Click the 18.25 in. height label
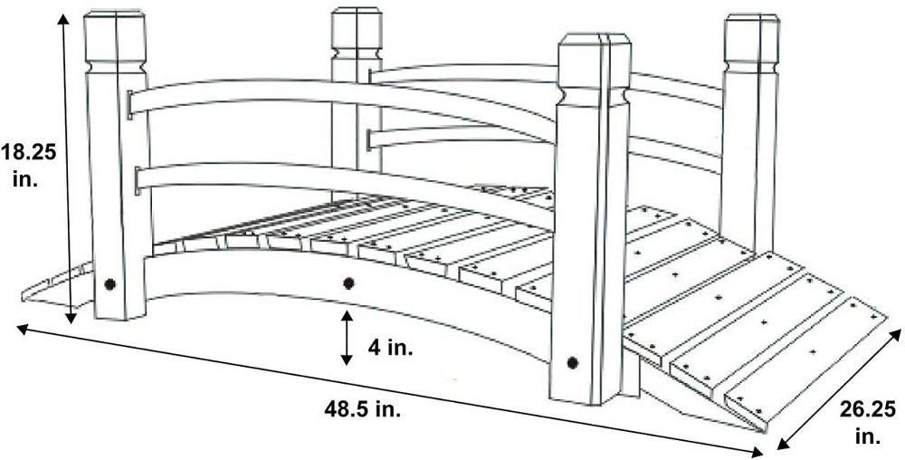[28, 165]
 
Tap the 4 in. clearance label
[390, 348]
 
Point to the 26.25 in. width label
[868, 423]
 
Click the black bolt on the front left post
[110, 284]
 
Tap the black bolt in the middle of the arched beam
[348, 283]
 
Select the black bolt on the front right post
[572, 362]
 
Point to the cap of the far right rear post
[752, 39]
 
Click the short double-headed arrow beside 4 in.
[347, 339]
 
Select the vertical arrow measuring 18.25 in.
[67, 168]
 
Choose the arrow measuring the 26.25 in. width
[839, 389]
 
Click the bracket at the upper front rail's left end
[129, 104]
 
